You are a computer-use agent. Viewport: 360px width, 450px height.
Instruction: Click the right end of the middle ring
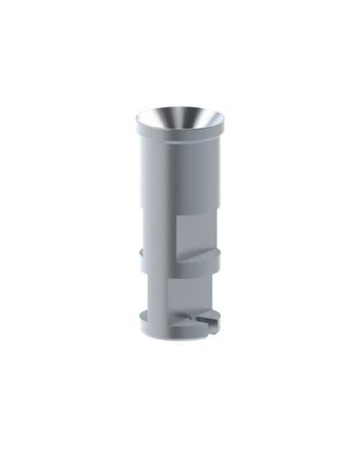[x=217, y=255]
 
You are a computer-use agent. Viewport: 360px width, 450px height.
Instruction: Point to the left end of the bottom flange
[x=142, y=320]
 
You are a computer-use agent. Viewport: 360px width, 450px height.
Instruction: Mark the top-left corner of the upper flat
[x=177, y=217]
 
